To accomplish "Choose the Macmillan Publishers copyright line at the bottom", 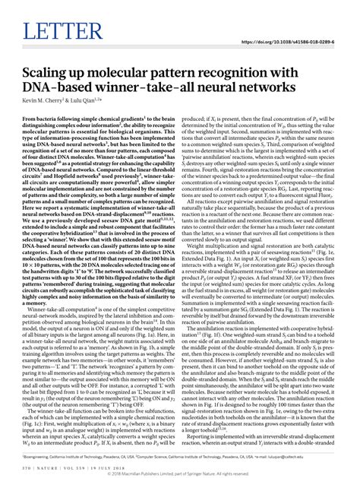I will (x=180, y=471).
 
